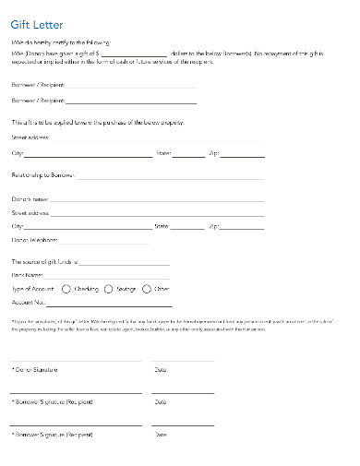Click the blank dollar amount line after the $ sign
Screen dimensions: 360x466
(x=134, y=54)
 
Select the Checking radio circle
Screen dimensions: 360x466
(x=66, y=288)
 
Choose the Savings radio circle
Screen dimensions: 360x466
(x=109, y=288)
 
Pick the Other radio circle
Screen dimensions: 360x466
(x=147, y=288)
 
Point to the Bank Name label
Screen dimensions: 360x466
(x=27, y=274)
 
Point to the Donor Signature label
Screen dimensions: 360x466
(x=35, y=370)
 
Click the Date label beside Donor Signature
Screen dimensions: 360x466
(x=161, y=370)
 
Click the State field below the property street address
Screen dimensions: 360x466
(x=188, y=155)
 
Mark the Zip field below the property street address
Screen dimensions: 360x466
(x=243, y=155)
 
